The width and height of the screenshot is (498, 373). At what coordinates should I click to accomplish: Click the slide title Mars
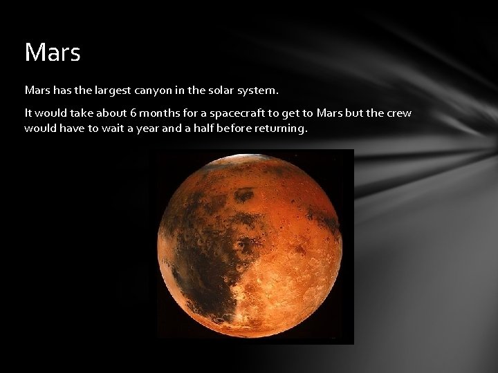53,52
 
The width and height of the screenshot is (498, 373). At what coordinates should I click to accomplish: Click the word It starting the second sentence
28,113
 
